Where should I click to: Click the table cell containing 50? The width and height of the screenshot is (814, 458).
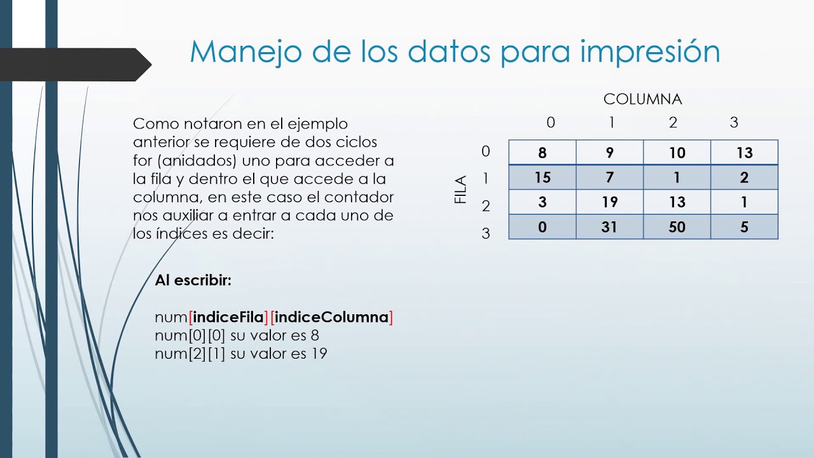(677, 227)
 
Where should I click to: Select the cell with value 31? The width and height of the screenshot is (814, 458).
(609, 227)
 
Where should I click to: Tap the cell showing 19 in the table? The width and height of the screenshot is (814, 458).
(609, 202)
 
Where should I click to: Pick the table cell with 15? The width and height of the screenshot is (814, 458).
(542, 177)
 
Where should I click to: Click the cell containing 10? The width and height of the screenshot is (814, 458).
(677, 153)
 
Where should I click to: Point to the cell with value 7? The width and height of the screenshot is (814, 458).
(609, 177)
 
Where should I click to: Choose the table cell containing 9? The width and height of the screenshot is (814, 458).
(609, 153)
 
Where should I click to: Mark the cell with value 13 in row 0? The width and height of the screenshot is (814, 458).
(744, 153)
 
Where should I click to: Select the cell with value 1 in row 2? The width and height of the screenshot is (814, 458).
(744, 202)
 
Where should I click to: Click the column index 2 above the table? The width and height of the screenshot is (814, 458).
(673, 123)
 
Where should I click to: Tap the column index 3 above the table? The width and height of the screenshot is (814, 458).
(734, 123)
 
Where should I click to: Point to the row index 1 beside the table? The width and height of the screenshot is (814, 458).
(486, 179)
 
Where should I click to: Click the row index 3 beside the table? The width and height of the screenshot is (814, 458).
(486, 233)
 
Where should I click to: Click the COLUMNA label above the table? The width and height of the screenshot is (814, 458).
(642, 99)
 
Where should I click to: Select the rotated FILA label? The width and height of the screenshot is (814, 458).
(461, 190)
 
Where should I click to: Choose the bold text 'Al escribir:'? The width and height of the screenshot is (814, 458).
(193, 280)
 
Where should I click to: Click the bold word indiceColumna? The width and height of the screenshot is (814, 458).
(331, 317)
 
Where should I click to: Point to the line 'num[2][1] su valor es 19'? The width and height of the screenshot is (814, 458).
(241, 353)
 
